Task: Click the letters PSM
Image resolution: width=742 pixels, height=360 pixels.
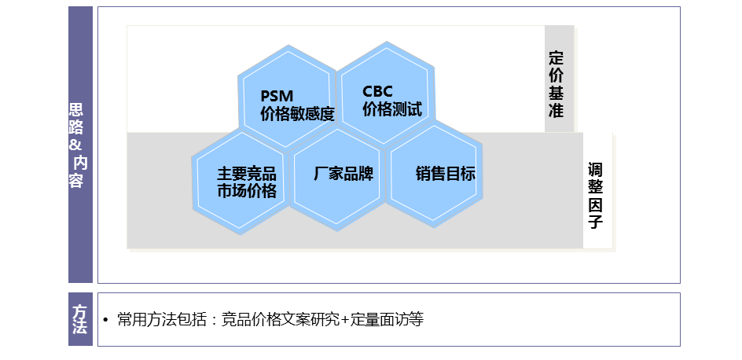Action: point(277,96)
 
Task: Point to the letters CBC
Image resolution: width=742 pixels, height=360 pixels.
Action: point(377,91)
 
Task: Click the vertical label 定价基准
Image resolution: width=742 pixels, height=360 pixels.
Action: point(556,84)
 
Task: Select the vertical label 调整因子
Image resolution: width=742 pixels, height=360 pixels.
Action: point(595,195)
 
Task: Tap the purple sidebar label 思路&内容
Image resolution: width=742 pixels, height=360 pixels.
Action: point(78,145)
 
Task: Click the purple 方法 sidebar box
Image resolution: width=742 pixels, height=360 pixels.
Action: point(80,319)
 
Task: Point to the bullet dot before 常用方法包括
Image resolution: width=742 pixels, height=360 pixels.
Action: point(105,321)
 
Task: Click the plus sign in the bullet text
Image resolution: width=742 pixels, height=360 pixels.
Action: point(345,320)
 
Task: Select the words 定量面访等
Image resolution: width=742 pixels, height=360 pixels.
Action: point(387,320)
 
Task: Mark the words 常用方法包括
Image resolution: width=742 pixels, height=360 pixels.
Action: point(162,320)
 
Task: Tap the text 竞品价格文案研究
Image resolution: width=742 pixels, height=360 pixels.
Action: point(281,320)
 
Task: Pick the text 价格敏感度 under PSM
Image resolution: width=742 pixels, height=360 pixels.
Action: point(297,114)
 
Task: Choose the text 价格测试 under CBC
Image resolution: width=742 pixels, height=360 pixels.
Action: point(392,109)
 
